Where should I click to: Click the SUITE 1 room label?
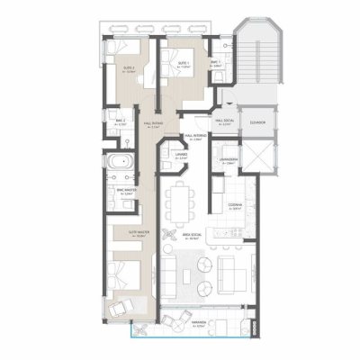coord(185,67)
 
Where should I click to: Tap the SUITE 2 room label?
coord(130,68)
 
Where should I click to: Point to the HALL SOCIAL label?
coord(224,120)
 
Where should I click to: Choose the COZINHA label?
coord(236,206)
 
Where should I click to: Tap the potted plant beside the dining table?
coord(167,236)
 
